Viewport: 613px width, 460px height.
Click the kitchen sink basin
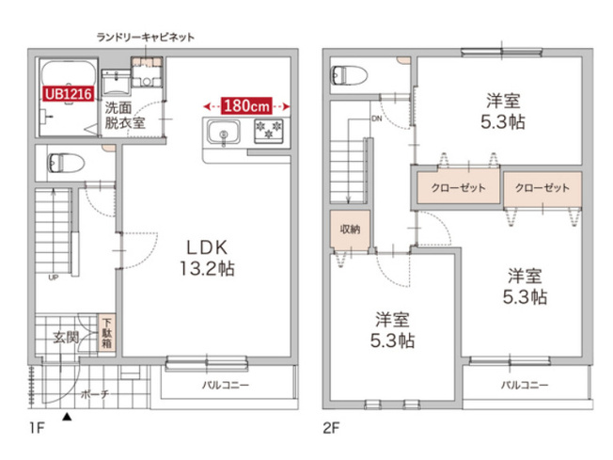tap(224, 133)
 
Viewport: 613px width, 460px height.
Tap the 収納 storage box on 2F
tap(349, 229)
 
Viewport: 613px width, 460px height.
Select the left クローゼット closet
tap(458, 187)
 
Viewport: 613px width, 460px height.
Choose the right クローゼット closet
tap(542, 187)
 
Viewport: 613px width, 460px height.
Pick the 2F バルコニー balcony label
tap(524, 384)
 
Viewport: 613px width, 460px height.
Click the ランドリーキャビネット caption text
tap(147, 38)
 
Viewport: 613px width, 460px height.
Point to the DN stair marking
tap(376, 119)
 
